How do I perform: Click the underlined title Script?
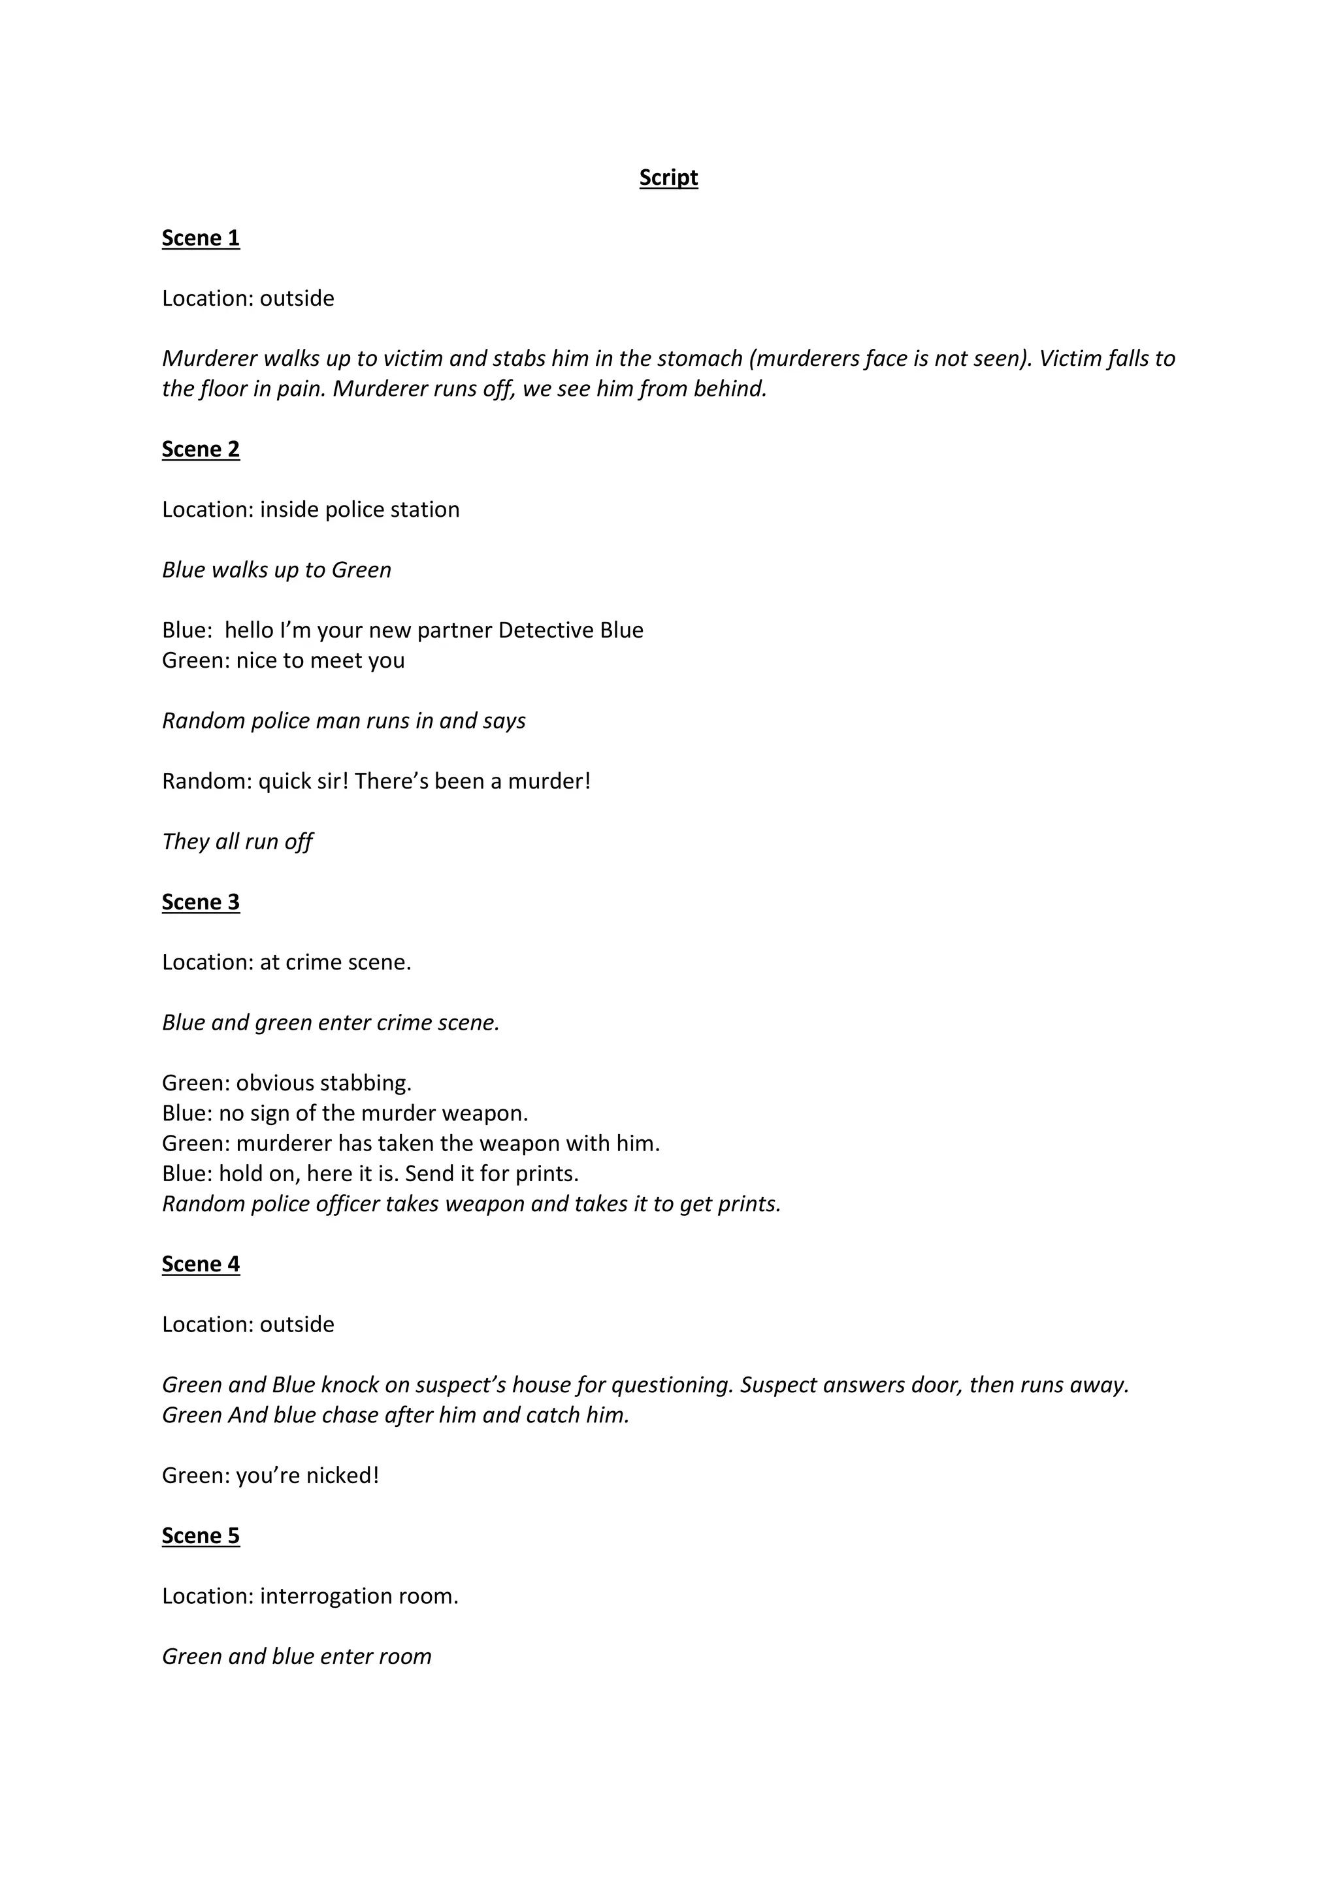(x=668, y=178)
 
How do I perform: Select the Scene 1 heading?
(x=200, y=238)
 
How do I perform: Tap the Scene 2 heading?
(x=200, y=449)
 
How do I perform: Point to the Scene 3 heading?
(x=200, y=902)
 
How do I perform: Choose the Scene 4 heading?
(x=200, y=1264)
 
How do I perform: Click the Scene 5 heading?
(x=200, y=1536)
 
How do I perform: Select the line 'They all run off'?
(x=237, y=842)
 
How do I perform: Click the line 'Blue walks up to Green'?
(x=276, y=570)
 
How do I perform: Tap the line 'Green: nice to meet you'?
(x=283, y=661)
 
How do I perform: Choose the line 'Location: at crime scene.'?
(x=286, y=962)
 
